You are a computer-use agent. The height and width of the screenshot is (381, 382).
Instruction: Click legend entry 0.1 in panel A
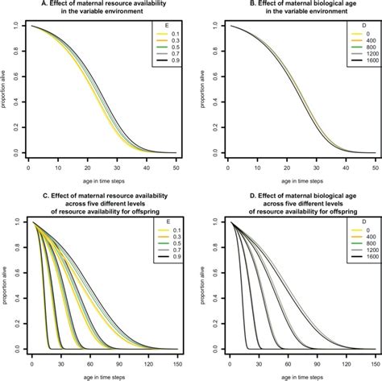click(168, 42)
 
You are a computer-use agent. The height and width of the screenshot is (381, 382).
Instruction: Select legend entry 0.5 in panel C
click(168, 246)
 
